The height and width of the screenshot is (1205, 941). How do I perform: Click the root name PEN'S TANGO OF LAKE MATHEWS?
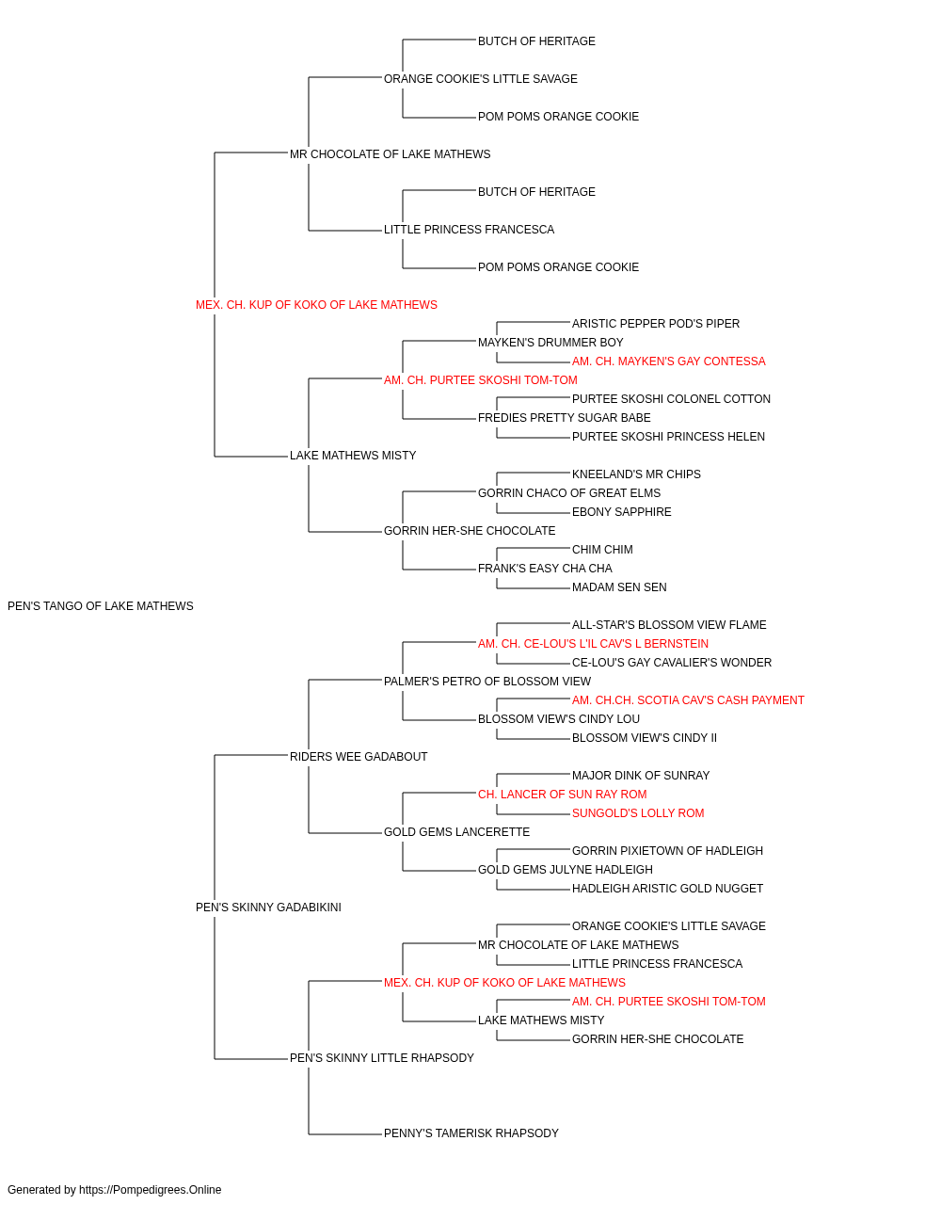tap(101, 606)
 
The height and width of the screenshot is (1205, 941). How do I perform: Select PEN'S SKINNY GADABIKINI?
tap(268, 908)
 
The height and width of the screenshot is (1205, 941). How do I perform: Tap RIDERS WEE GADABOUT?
tap(359, 756)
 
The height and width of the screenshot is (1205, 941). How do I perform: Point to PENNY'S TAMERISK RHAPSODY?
tap(471, 1133)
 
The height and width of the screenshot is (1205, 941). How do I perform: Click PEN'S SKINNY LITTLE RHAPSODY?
tap(382, 1058)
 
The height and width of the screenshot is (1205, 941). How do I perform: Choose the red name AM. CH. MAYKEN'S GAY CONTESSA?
tap(668, 361)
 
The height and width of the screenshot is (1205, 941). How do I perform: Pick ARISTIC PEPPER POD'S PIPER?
tap(656, 324)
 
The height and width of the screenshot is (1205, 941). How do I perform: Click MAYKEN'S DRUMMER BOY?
tap(550, 343)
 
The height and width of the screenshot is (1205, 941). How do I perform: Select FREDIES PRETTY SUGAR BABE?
tap(565, 418)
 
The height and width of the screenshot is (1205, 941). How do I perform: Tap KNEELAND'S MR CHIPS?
tap(636, 474)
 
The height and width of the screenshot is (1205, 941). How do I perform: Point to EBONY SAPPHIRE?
tap(621, 512)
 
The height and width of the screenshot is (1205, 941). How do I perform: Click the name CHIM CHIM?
tap(602, 550)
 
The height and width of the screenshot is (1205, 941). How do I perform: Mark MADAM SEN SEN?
tap(619, 587)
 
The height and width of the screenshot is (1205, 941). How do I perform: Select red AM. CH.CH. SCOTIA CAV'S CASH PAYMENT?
tap(688, 700)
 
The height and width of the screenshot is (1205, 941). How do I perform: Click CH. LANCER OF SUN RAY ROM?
tap(562, 795)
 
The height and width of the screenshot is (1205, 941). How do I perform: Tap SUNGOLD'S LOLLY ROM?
tap(638, 813)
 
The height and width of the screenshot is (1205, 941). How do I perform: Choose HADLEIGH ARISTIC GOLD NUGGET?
tap(667, 889)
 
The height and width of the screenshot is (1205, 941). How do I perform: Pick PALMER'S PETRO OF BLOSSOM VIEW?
tap(487, 682)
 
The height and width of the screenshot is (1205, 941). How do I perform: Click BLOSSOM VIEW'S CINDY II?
tap(644, 738)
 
